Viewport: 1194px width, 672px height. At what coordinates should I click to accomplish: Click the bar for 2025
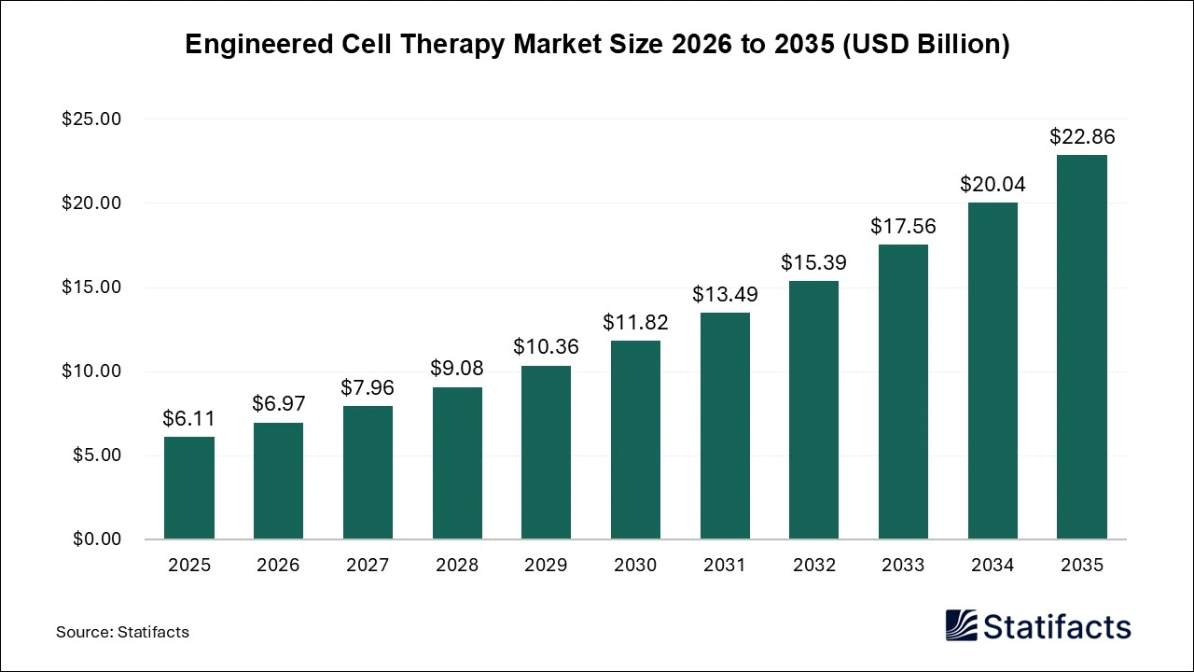189,488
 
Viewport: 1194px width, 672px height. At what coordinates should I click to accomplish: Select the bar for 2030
635,440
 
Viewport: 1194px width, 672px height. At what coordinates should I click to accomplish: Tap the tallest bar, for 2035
1082,347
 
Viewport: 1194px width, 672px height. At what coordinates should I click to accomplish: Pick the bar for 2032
813,410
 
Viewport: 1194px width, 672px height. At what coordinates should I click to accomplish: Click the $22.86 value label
1082,137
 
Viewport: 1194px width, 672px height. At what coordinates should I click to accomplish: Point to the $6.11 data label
189,419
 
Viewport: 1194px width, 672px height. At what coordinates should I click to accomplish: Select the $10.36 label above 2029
546,347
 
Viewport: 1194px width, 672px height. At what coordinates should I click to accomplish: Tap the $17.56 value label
903,226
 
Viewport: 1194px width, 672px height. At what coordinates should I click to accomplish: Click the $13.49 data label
725,295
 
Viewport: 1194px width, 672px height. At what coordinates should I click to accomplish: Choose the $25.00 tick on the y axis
91,119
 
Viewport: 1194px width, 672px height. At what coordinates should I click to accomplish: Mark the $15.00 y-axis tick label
91,287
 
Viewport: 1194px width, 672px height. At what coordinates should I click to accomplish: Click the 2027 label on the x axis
368,566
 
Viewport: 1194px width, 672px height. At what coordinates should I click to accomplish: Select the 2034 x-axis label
993,566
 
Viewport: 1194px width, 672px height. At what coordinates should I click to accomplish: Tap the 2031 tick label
725,566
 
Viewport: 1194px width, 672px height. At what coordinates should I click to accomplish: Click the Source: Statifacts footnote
122,632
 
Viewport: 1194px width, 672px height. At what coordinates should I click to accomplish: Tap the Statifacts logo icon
962,625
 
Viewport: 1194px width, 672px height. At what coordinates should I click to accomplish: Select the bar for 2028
457,463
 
